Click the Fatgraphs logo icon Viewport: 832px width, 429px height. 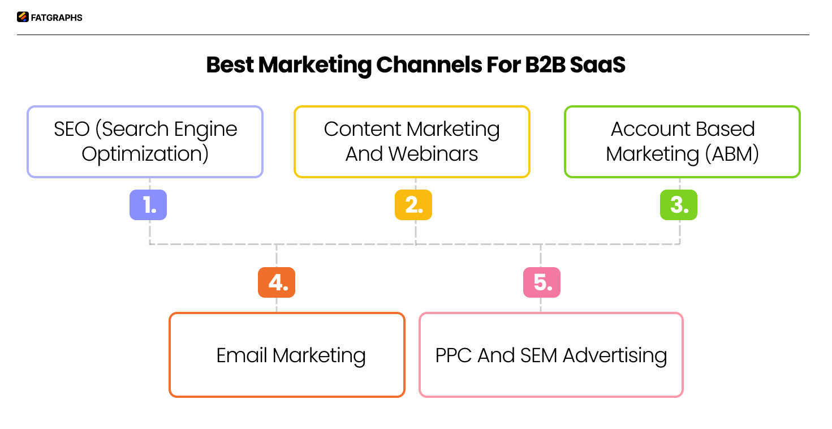coord(23,17)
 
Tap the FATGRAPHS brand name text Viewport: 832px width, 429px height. coord(57,18)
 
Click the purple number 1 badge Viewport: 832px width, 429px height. coord(148,205)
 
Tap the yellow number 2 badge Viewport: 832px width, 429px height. coord(413,205)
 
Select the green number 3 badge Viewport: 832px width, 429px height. coord(679,205)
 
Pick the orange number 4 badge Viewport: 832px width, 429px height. coord(277,282)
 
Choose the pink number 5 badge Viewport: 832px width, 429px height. coord(542,282)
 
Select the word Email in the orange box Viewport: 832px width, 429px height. coord(242,355)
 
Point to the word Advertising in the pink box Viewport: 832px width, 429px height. coord(615,355)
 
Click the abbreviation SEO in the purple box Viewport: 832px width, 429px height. coord(71,129)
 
